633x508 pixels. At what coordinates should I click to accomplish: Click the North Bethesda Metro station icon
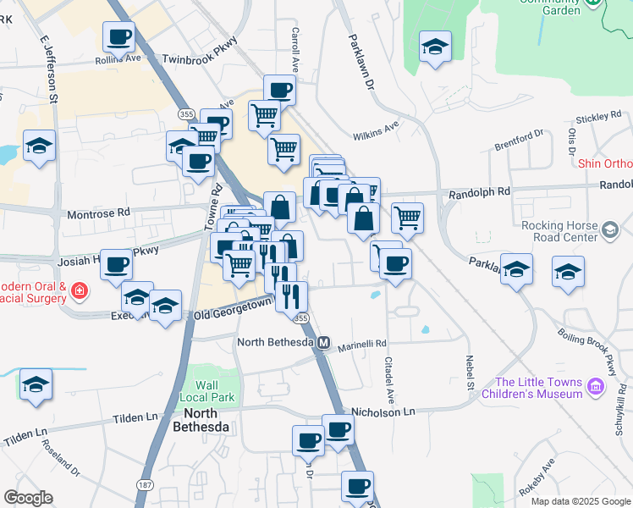(323, 343)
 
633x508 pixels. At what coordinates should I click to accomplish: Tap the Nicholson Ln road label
(385, 411)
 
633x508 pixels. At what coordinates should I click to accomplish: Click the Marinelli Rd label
(362, 343)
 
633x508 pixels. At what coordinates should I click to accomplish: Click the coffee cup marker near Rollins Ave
(118, 37)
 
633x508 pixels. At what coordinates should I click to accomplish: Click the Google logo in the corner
(29, 498)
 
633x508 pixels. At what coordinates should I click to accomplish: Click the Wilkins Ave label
(376, 130)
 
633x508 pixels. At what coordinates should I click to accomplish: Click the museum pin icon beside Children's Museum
(597, 387)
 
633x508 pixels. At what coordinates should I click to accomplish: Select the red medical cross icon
(80, 291)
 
